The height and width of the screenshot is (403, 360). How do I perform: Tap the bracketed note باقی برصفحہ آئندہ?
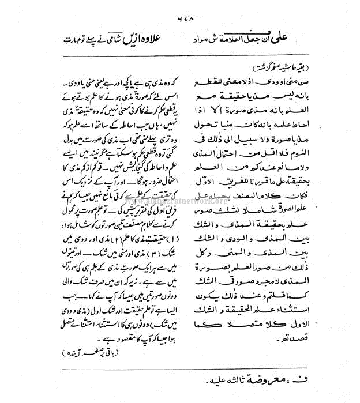(x=99, y=351)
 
